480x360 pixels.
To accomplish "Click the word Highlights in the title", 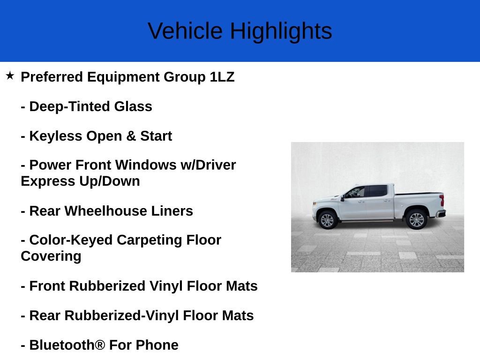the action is point(281,31).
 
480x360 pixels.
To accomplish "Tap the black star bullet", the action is point(10,75).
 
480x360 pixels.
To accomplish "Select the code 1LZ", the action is point(222,77).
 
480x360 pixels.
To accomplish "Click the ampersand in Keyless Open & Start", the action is point(131,136).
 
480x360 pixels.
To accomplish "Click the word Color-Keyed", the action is point(71,240).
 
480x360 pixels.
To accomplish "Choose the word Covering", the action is point(51,256).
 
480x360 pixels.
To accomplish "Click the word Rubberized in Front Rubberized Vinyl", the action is point(107,286).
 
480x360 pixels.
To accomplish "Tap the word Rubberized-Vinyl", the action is point(121,315).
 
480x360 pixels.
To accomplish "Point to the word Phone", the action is point(157,345).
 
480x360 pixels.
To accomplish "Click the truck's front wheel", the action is point(327,220).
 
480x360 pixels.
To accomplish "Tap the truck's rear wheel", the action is point(416,219).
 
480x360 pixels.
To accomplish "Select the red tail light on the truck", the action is point(442,200).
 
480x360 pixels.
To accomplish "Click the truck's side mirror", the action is point(342,198).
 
